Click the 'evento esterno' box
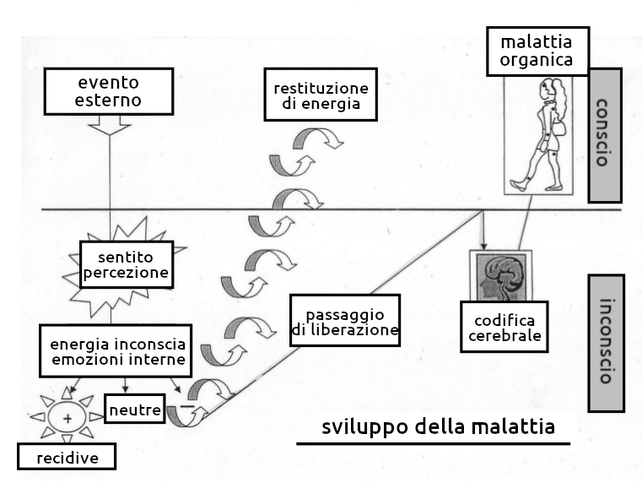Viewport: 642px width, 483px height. (x=110, y=93)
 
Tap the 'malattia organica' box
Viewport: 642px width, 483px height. (x=537, y=51)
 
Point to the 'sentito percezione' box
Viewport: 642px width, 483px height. (x=126, y=265)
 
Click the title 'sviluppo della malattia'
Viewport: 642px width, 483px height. (x=438, y=426)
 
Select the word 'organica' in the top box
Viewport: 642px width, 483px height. (x=537, y=60)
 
